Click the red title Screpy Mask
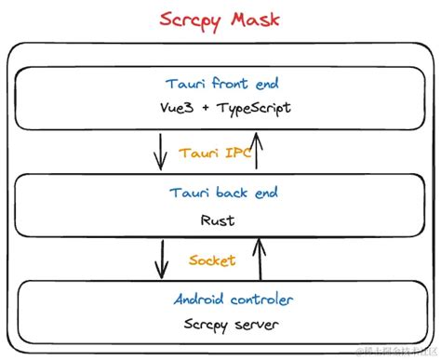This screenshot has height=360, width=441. [220, 18]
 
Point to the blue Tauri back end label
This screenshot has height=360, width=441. [222, 193]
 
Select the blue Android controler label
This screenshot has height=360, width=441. [234, 299]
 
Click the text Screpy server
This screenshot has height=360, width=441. [226, 325]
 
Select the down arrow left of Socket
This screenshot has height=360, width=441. [162, 259]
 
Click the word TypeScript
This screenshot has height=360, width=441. [253, 108]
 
